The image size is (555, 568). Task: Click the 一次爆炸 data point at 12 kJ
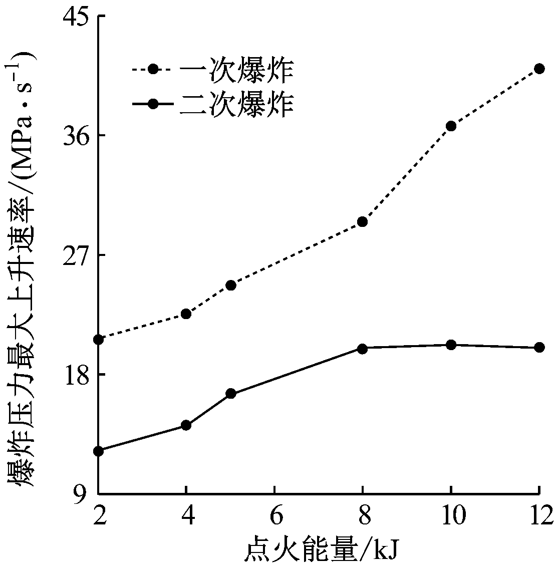(x=539, y=69)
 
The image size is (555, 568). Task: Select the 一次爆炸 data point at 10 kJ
(x=451, y=126)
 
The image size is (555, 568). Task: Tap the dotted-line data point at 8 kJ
(x=363, y=221)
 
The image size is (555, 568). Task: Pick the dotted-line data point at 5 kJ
(x=231, y=285)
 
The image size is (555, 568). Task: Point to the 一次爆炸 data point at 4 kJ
(x=186, y=314)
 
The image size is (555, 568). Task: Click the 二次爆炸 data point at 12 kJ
(x=539, y=347)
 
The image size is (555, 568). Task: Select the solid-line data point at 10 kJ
(x=451, y=345)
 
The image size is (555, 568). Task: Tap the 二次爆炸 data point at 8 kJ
(x=363, y=348)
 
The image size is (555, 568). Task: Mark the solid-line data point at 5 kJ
(x=231, y=394)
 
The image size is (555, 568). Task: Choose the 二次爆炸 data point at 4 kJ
(x=186, y=425)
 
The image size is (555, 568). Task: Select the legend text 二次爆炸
(x=236, y=104)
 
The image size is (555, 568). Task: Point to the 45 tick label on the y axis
(x=75, y=17)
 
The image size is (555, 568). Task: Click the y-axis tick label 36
(x=75, y=135)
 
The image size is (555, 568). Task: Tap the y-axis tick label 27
(x=75, y=255)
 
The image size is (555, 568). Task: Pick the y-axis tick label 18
(x=75, y=374)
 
